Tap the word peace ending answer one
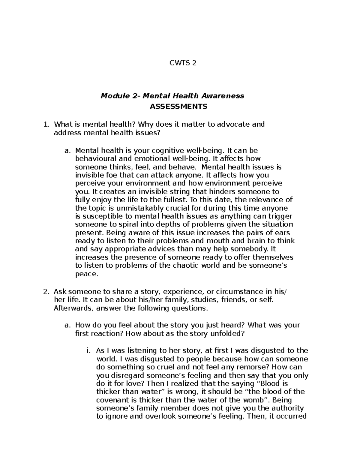pyautogui.click(x=86, y=274)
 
